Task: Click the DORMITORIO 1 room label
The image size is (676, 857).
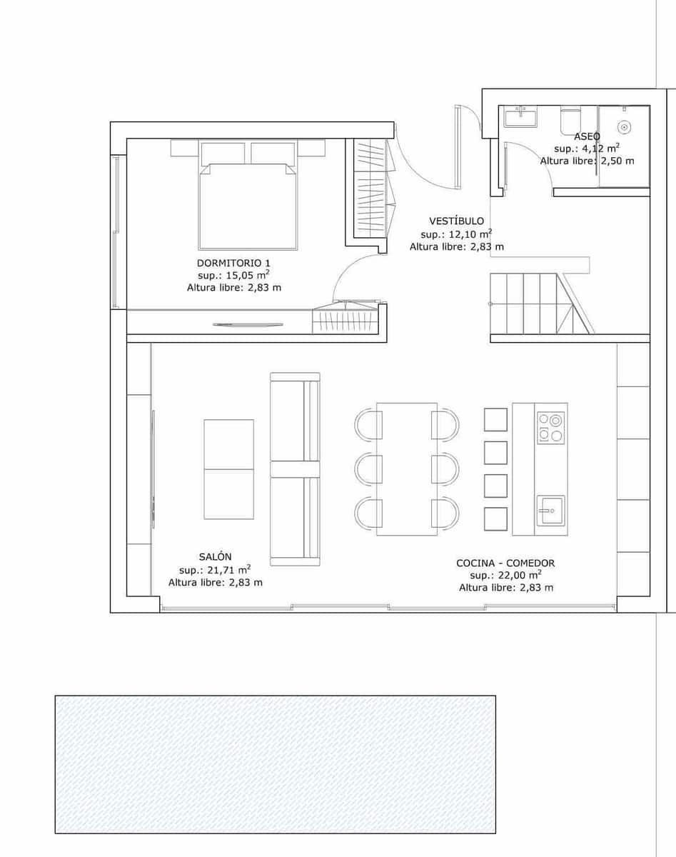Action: (233, 263)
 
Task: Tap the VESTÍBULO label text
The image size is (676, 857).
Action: (456, 221)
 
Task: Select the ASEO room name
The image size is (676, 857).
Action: (587, 136)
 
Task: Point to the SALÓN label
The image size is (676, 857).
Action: (215, 556)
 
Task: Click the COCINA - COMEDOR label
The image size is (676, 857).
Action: (505, 563)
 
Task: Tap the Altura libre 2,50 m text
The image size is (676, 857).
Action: (587, 161)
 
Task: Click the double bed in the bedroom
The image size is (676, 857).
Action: (248, 195)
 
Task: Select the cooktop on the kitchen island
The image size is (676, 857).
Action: (551, 428)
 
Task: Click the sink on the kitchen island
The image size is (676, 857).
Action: (550, 511)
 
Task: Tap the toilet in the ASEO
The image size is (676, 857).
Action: (571, 119)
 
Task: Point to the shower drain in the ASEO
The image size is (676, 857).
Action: (624, 127)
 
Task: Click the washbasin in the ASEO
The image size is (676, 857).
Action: (520, 116)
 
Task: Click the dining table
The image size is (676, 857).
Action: (407, 469)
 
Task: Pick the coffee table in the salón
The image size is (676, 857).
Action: (229, 469)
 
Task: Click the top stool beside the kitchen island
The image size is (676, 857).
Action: (495, 420)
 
